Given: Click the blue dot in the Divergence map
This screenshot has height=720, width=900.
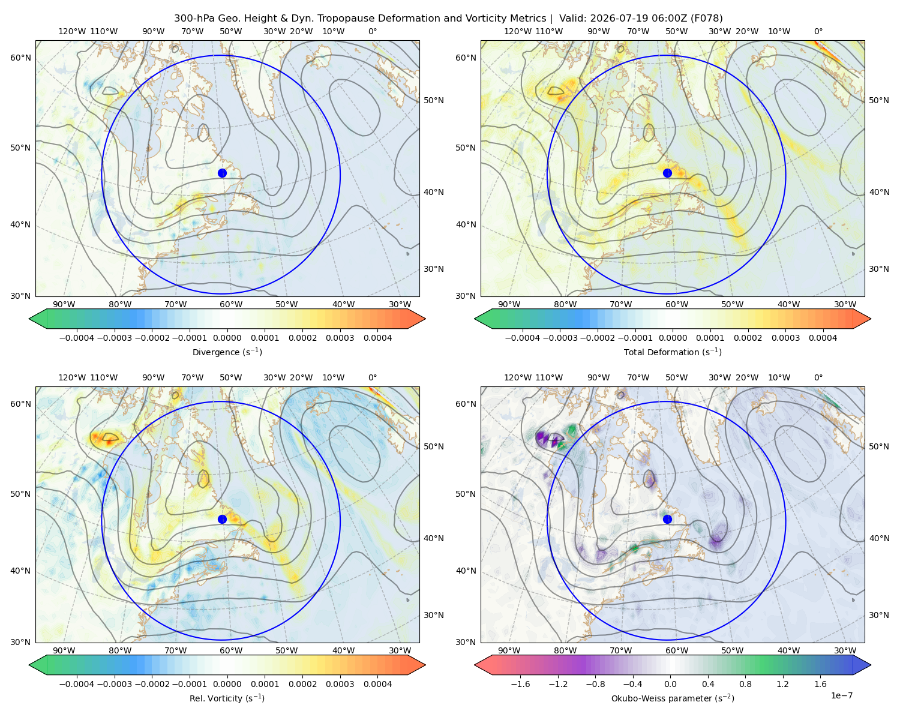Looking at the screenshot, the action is (222, 173).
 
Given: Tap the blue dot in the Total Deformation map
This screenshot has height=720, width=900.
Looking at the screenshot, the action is (667, 173).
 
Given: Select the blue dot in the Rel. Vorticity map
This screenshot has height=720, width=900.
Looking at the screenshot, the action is (222, 519).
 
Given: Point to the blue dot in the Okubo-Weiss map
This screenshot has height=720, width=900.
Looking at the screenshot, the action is (667, 519).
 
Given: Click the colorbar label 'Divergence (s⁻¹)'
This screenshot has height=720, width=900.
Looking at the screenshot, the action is (227, 352).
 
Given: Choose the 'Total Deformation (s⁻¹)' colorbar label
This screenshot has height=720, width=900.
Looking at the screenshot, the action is (673, 352).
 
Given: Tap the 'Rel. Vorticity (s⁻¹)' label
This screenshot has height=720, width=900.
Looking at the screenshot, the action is (227, 698).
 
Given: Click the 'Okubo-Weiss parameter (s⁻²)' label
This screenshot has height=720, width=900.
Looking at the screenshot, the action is (673, 698).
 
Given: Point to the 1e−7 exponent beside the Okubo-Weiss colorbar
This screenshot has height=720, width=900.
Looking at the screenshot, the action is (841, 695).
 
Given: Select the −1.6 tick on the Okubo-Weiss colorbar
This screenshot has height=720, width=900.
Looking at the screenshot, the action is (520, 684).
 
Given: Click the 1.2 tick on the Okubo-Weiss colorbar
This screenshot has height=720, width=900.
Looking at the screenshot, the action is (782, 684).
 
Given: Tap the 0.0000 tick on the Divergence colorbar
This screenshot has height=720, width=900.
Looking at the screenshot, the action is (227, 338).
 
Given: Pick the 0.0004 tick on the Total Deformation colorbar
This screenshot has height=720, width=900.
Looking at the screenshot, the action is (823, 338).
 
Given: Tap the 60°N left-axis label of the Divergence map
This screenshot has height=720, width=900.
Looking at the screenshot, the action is (20, 58).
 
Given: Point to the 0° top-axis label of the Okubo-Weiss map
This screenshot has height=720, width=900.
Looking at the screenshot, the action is (818, 377).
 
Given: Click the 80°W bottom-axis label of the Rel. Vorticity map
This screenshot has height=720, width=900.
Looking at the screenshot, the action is (120, 650).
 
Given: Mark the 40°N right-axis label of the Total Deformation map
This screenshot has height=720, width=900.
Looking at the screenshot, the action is (879, 193).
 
